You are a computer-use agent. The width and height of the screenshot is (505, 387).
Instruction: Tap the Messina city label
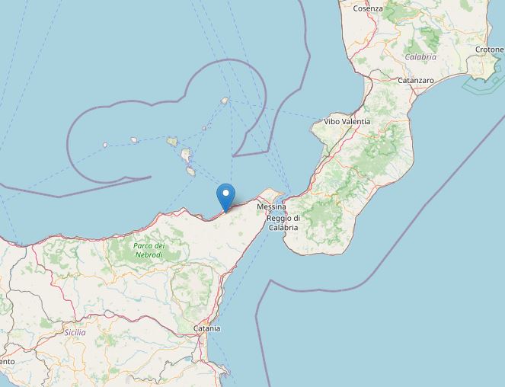click(270, 207)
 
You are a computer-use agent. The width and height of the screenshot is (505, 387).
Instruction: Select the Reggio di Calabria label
click(283, 223)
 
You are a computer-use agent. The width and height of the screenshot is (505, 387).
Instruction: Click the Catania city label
click(206, 328)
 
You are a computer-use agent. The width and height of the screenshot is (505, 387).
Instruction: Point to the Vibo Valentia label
click(347, 121)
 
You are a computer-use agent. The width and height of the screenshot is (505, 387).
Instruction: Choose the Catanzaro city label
click(416, 80)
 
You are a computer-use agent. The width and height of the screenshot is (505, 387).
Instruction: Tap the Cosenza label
click(367, 8)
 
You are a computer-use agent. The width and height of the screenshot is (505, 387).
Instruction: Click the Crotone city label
click(489, 50)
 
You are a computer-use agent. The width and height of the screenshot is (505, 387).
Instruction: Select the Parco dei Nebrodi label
click(149, 250)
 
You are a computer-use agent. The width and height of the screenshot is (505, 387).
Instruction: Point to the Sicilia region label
click(75, 332)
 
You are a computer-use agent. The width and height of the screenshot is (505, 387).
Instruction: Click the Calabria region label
click(420, 57)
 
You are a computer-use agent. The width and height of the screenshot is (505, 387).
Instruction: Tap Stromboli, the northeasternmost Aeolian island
click(224, 101)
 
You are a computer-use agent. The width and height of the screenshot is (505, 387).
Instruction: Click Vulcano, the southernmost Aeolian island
click(190, 171)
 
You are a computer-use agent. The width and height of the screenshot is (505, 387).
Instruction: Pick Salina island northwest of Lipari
click(172, 141)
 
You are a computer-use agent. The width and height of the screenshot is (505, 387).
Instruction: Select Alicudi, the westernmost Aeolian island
click(105, 145)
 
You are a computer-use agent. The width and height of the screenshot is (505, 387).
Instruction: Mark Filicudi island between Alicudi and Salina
click(134, 139)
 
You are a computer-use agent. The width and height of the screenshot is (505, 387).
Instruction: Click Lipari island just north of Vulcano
click(186, 156)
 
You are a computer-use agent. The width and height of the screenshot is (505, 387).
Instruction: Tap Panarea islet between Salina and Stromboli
click(203, 128)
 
